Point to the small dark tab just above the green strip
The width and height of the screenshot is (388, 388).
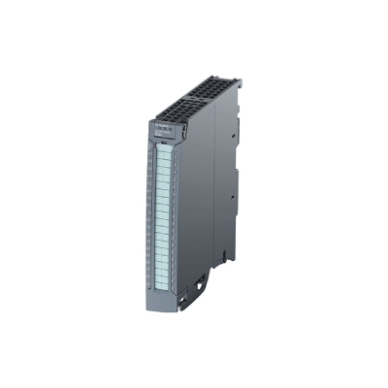[x=162, y=140]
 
